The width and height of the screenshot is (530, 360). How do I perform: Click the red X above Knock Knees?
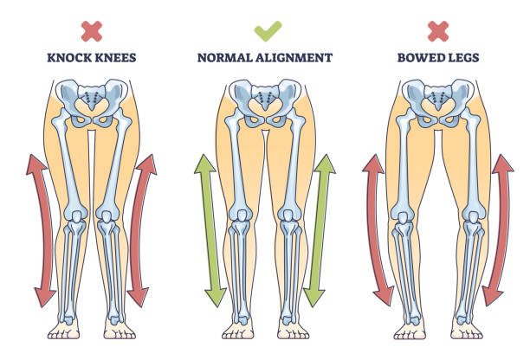[x=92, y=31]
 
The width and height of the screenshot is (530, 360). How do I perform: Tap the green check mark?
[x=268, y=31]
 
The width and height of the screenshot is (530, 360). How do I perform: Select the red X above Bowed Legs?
[x=438, y=31]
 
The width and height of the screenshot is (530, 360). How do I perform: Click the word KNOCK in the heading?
[x=69, y=58]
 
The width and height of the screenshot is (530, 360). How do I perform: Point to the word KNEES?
[x=114, y=58]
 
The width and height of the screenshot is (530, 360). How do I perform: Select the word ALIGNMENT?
[x=294, y=58]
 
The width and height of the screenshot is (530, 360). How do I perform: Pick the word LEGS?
[x=461, y=58]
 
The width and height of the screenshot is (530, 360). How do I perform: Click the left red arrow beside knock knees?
[x=45, y=229]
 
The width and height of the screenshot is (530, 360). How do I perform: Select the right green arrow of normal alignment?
[x=320, y=229]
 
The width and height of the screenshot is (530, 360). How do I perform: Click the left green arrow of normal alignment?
[x=210, y=229]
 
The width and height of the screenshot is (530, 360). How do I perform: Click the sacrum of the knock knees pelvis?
[x=92, y=97]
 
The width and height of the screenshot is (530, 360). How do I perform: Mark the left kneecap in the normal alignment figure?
[x=242, y=216]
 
